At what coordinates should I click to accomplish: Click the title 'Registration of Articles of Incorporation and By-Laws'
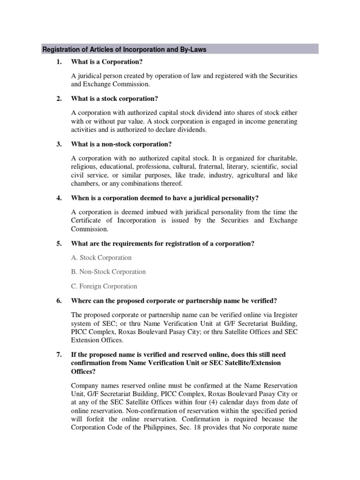point(124,49)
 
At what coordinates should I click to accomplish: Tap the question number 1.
point(59,62)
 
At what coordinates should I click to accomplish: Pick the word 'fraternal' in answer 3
point(206,166)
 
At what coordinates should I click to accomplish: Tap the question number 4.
point(59,198)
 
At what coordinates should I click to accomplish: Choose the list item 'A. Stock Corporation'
point(101,257)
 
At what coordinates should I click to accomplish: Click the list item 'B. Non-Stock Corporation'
point(108,272)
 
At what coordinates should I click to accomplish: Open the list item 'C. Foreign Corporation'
point(104,286)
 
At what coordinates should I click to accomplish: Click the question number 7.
point(59,355)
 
